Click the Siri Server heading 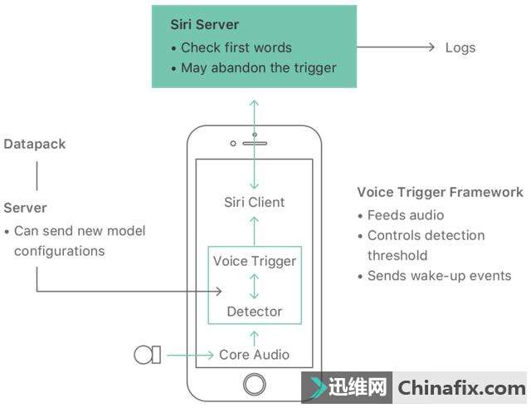coord(205,25)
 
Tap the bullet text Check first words coord(236,47)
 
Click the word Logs coord(460,47)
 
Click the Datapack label coord(34,144)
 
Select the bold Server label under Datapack coord(25,207)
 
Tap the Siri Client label coord(254,202)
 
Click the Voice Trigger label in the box coord(254,261)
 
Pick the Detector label coord(254,312)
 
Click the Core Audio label coord(254,355)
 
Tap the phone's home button coord(254,384)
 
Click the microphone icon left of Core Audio coord(147,355)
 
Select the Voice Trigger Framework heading coord(440,192)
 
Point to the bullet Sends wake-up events coord(439,276)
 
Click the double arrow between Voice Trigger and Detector coord(254,286)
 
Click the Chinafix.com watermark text coord(461,388)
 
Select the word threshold coord(397,255)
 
